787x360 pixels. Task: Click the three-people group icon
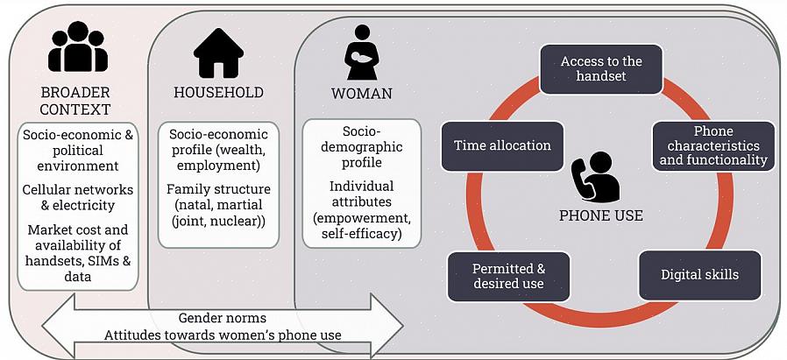point(77,47)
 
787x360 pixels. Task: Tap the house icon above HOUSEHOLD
point(217,53)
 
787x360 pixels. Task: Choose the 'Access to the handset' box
point(600,69)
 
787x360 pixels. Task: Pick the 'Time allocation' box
point(502,145)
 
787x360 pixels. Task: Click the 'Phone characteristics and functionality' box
point(713,146)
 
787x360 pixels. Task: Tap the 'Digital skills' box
point(698,275)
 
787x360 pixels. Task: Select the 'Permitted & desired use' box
point(508,276)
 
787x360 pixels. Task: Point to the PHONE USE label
point(600,215)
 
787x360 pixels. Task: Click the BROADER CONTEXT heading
point(75,101)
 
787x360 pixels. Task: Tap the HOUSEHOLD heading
point(218,93)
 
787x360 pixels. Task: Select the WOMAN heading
point(361,93)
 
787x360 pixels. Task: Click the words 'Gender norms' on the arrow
point(223,318)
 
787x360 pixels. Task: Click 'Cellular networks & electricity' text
point(78,198)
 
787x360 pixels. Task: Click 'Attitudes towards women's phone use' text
point(223,335)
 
